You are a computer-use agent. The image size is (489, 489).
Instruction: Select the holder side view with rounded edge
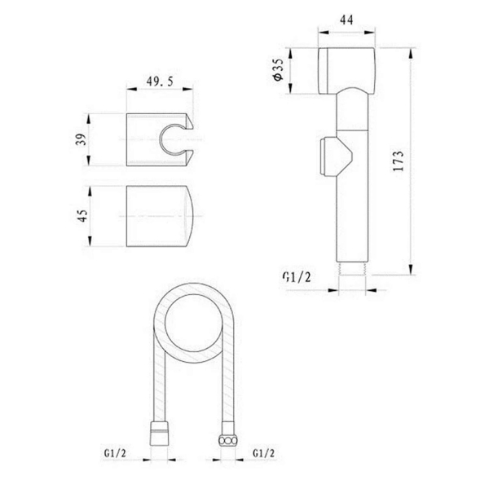[160, 216]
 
